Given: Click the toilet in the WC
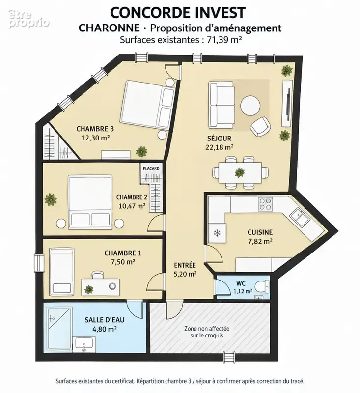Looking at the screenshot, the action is tap(262, 286).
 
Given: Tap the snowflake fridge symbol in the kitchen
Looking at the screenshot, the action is tap(217, 233).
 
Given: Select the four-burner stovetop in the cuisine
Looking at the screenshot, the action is tap(266, 204).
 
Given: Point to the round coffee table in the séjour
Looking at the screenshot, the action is tap(250, 106).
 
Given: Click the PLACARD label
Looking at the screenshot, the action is tap(151, 168).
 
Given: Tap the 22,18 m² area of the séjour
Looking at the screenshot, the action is tap(220, 147).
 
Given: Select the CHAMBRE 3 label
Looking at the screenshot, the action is tap(95, 129).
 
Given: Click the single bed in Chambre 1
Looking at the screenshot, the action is tap(61, 272).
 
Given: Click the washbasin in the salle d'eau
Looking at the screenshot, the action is tap(84, 345).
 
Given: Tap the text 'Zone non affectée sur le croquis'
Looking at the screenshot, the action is tap(207, 332).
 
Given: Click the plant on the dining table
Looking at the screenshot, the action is tap(240, 172).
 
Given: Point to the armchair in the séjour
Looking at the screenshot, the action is tap(260, 127).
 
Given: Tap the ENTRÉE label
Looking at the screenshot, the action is tap(185, 265).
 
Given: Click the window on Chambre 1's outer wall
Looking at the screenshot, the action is tap(39, 263).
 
